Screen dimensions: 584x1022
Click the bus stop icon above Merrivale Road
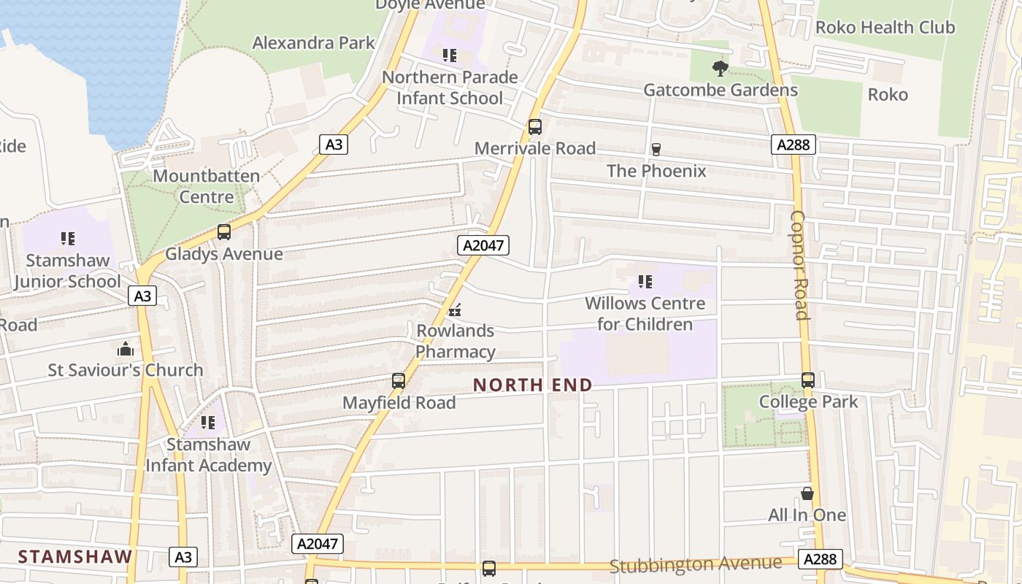coord(535,127)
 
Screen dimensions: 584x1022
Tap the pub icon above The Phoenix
coord(656,150)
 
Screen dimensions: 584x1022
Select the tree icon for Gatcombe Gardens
coord(721,69)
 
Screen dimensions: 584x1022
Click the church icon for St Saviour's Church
coord(126,349)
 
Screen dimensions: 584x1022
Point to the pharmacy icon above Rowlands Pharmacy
coord(456,310)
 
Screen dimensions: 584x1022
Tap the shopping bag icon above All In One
coord(807,493)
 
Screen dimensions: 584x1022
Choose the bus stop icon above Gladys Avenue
coord(224,232)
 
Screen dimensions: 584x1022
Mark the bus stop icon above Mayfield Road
coord(399,381)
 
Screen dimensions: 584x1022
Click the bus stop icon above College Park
coord(808,380)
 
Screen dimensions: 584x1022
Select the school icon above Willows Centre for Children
coord(645,282)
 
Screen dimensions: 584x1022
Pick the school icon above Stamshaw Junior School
coord(68,239)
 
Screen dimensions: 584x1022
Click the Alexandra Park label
coord(313,43)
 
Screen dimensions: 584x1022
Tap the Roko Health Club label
coord(885,28)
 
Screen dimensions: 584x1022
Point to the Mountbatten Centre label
coord(207,186)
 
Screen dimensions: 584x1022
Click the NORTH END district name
coord(533,385)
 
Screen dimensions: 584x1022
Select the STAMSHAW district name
coord(75,556)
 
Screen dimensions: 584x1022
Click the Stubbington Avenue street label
coord(696,564)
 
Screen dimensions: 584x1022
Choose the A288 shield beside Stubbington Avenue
coord(820,559)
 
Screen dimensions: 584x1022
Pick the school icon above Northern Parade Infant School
coord(450,55)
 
